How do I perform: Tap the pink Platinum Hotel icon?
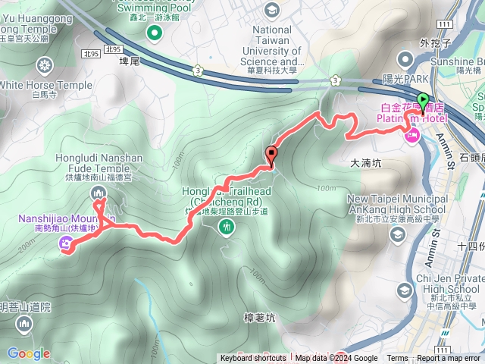[x=413, y=136]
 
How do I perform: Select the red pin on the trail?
[x=271, y=154]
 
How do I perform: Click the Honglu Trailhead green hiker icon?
[x=225, y=227]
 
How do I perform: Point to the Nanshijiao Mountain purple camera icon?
[x=67, y=244]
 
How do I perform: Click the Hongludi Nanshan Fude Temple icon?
[x=99, y=194]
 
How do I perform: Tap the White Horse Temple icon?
[x=45, y=64]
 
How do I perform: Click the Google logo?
[x=29, y=353]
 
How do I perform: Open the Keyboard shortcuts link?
[x=253, y=359]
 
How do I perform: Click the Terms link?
[x=397, y=359]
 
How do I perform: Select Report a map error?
[x=449, y=359]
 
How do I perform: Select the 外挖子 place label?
[x=434, y=43]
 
